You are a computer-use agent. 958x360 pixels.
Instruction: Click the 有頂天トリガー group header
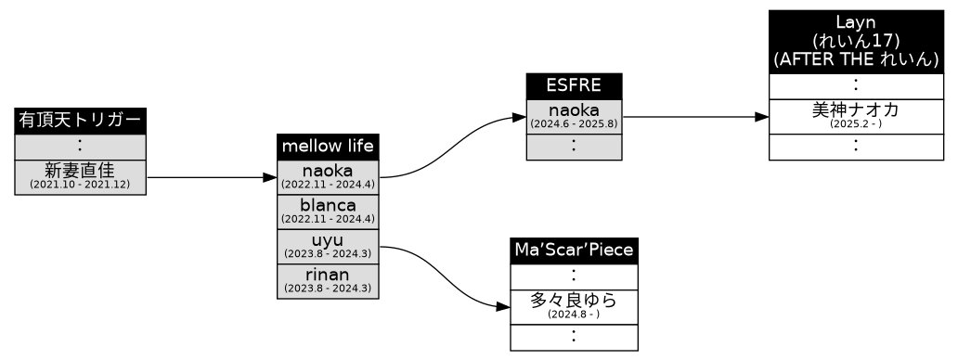[x=80, y=121]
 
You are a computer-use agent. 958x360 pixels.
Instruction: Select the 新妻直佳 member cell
[x=80, y=176]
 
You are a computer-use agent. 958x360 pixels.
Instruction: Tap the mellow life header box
[x=328, y=147]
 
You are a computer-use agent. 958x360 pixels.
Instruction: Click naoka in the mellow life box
[x=328, y=176]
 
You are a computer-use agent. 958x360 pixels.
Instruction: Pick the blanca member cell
[x=328, y=211]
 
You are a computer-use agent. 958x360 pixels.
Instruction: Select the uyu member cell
[x=328, y=246]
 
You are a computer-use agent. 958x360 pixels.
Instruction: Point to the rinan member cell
[x=328, y=280]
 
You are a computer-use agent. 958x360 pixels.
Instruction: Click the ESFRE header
[x=573, y=85]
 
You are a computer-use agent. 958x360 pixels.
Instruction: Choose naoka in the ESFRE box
[x=573, y=116]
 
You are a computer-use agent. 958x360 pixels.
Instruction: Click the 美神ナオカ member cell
[x=855, y=115]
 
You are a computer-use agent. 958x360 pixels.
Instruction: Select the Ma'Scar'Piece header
[x=574, y=251]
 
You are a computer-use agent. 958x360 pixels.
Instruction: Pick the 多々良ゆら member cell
[x=574, y=306]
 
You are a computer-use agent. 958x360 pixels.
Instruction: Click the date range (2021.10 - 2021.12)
[x=80, y=186]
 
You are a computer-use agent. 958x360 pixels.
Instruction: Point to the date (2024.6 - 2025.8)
[x=573, y=123]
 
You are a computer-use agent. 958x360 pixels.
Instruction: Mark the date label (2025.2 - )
[x=855, y=123]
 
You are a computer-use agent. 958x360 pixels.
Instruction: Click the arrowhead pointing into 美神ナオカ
[x=761, y=118]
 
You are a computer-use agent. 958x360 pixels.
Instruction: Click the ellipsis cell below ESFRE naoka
[x=573, y=146]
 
